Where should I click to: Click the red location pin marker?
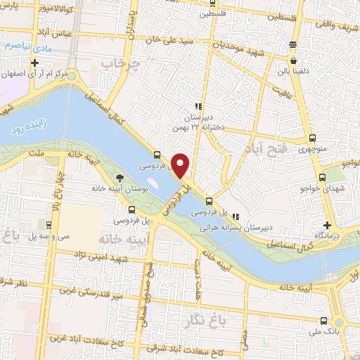click(181, 165)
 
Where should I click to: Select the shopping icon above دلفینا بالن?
click(292, 46)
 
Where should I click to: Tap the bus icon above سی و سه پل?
click(48, 226)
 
